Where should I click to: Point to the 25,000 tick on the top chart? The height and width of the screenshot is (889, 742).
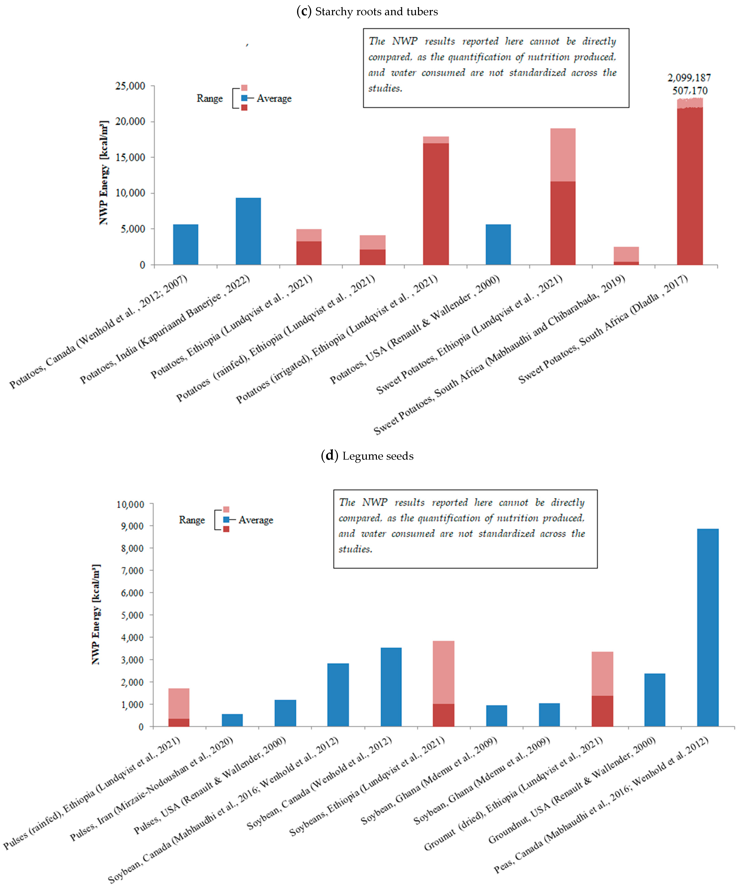pyautogui.click(x=130, y=86)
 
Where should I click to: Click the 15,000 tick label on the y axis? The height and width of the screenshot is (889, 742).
pyautogui.click(x=130, y=157)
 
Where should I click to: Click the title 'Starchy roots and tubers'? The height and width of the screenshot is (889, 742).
pyautogui.click(x=376, y=12)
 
